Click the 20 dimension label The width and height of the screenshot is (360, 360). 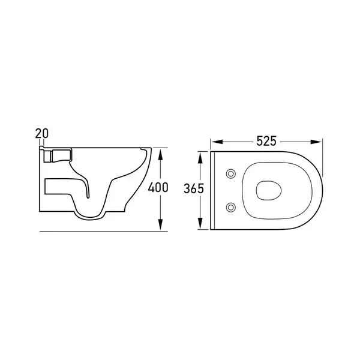tap(42, 134)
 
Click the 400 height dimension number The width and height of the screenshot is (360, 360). tap(158, 187)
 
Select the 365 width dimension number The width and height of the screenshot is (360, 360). tap(194, 189)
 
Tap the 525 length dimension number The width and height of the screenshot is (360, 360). tap(266, 141)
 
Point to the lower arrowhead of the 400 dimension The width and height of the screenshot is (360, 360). tap(160, 224)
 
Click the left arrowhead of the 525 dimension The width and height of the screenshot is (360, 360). tap(217, 142)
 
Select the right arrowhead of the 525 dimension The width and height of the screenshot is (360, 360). tap(316, 142)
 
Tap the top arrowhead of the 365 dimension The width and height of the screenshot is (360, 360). tap(200, 158)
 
